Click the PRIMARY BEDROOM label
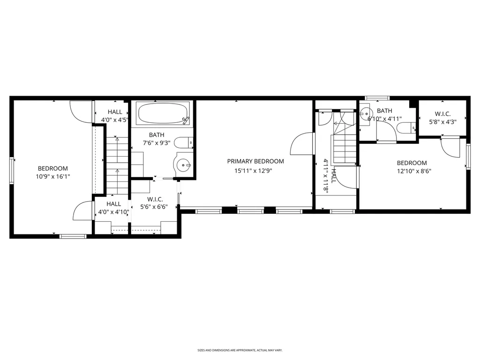[255, 161]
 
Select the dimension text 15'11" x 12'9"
[254, 171]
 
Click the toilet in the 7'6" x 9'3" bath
[183, 142]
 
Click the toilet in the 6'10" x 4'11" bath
[406, 128]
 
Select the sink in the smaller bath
[365, 113]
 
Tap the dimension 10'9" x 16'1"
[53, 176]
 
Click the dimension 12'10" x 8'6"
[414, 171]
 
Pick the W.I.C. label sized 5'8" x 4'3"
[442, 114]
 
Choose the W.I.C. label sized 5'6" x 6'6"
[155, 199]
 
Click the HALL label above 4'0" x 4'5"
[115, 112]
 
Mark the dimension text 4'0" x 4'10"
[113, 211]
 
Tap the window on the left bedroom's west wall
[12, 171]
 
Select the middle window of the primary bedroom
[250, 211]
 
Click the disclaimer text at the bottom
[240, 350]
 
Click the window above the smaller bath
[377, 98]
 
